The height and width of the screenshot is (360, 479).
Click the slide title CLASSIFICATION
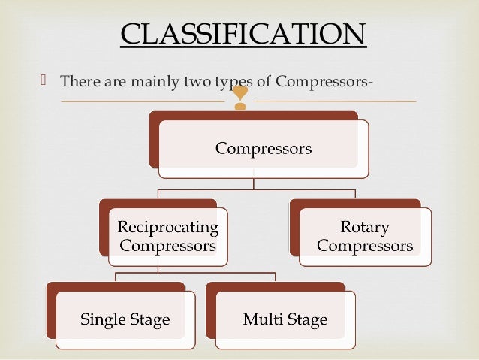[243, 35]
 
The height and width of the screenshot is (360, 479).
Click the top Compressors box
[263, 149]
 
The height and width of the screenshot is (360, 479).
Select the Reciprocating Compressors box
[169, 236]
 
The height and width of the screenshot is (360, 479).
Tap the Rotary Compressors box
[365, 236]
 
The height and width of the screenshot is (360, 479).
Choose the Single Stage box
[125, 319]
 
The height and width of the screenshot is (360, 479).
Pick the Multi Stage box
[285, 319]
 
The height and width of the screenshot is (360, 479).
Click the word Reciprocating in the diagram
[169, 227]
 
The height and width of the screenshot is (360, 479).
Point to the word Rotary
[365, 227]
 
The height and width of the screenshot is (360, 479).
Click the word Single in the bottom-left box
[101, 319]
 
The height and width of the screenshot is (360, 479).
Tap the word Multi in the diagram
[261, 319]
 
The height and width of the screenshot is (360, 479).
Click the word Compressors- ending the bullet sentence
[324, 80]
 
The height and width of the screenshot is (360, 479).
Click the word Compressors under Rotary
[365, 246]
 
